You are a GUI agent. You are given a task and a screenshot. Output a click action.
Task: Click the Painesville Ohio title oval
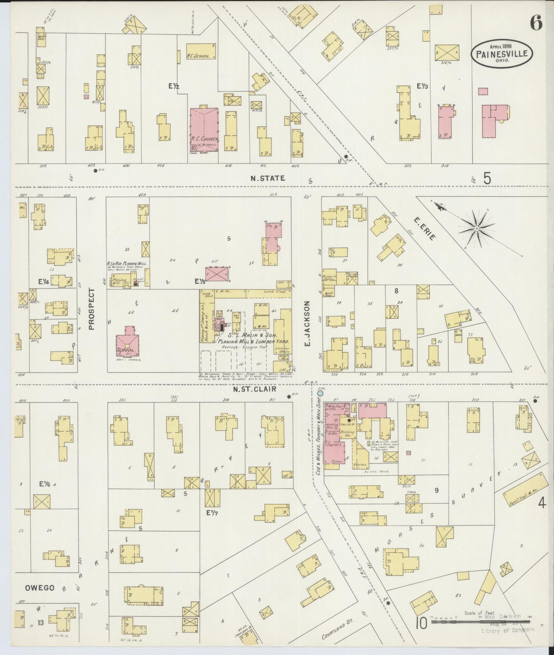coord(501,54)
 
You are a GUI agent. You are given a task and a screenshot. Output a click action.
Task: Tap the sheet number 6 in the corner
coord(536,24)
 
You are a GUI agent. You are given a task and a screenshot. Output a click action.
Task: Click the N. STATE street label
coord(268,178)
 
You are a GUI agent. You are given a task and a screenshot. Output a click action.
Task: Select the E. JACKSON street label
coord(307,324)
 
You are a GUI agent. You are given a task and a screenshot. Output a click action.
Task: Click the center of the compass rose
coord(477,228)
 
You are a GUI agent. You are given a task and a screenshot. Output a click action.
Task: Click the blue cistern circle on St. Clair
coord(320,393)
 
